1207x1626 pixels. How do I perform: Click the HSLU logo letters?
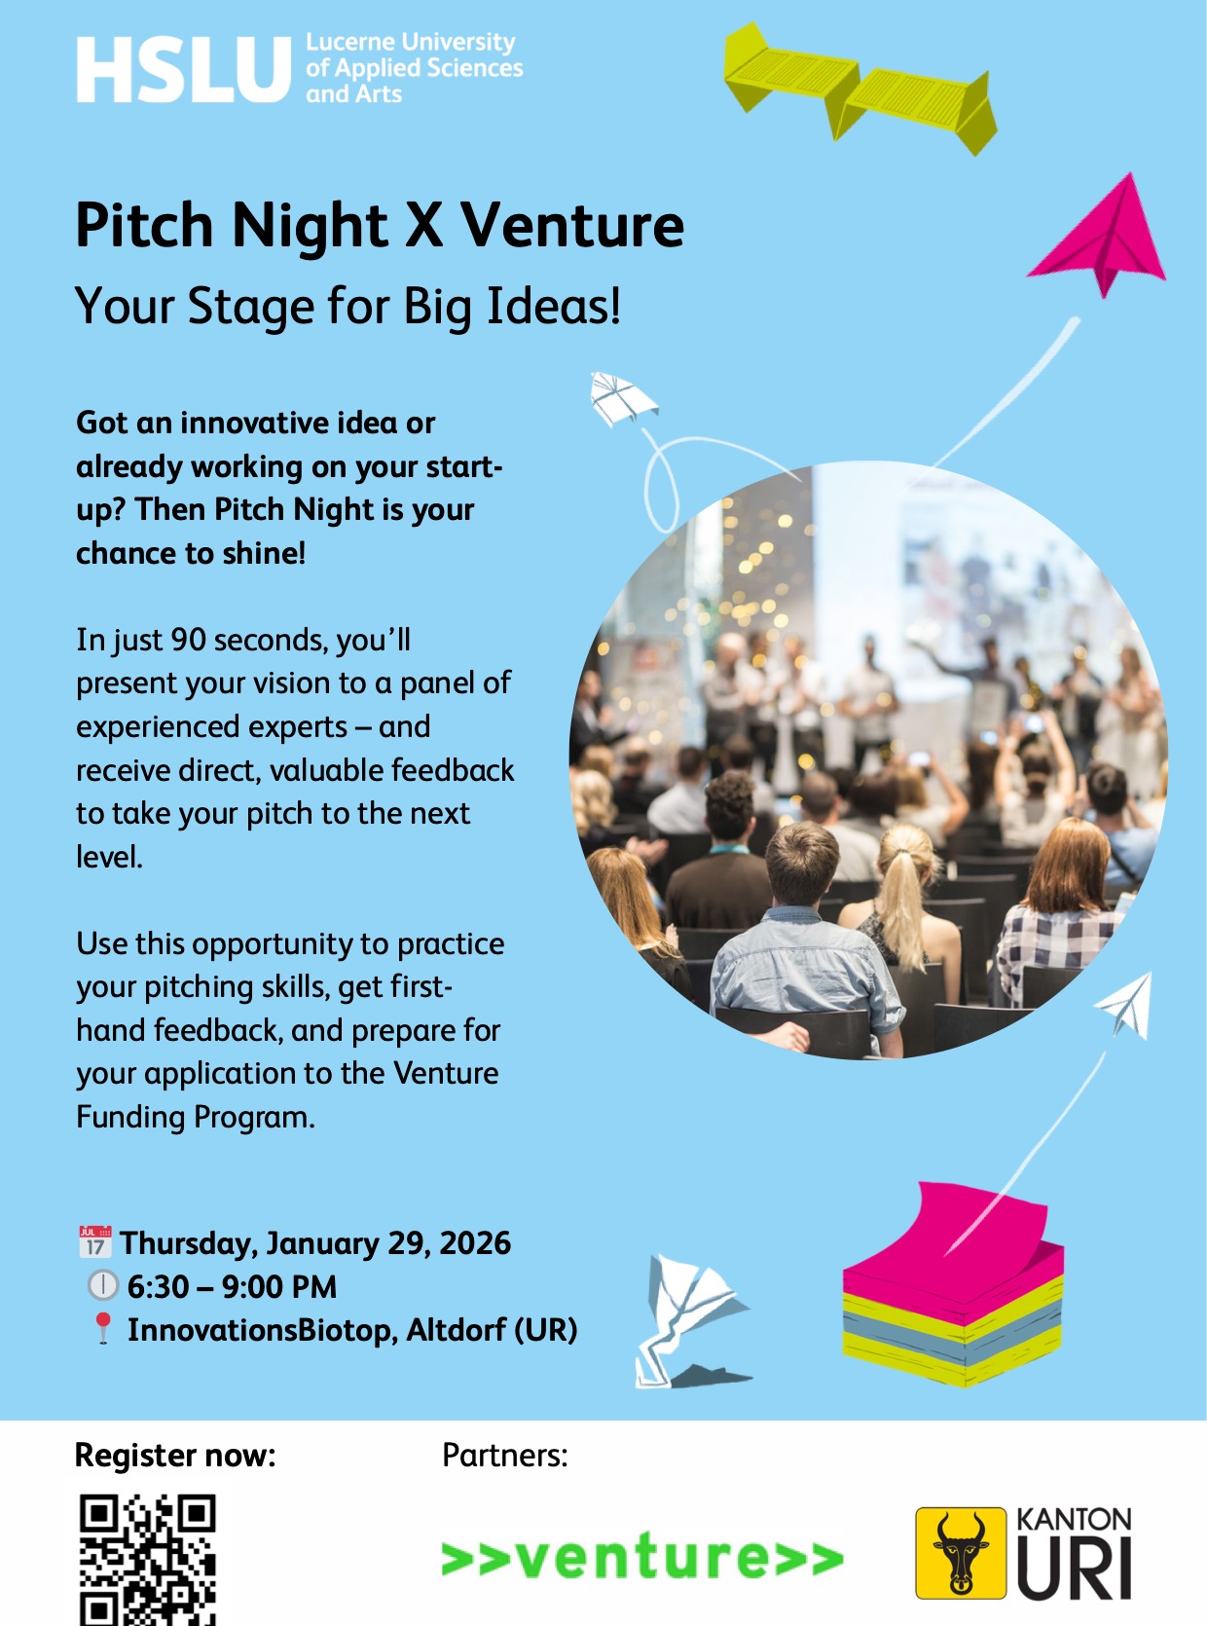(x=183, y=70)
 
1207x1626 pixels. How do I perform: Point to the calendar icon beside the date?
(x=94, y=1242)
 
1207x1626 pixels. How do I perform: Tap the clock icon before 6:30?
(x=102, y=1286)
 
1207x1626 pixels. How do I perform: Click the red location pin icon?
(x=102, y=1329)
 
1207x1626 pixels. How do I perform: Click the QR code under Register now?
(x=147, y=1558)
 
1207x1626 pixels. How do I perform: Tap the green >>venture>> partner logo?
(x=642, y=1557)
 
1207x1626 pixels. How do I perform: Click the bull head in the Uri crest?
(x=961, y=1552)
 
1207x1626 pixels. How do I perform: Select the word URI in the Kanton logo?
(x=1075, y=1568)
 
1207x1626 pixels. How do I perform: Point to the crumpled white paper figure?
(x=681, y=1319)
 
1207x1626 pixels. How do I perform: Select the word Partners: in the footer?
(x=504, y=1455)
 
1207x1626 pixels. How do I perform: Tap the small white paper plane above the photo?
(x=621, y=397)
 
